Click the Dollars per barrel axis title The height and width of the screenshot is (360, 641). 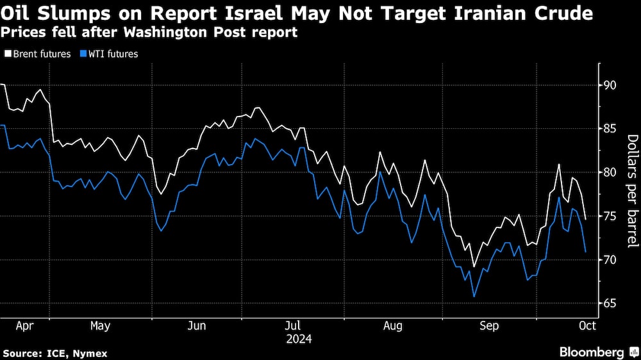pos(632,191)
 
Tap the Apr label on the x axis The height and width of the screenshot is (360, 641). pos(24,326)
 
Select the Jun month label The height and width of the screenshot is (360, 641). pos(197,326)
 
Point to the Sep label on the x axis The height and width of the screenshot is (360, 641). pos(490,326)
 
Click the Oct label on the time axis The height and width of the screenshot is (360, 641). pos(587,326)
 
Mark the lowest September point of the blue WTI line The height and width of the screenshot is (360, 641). pos(474,297)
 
